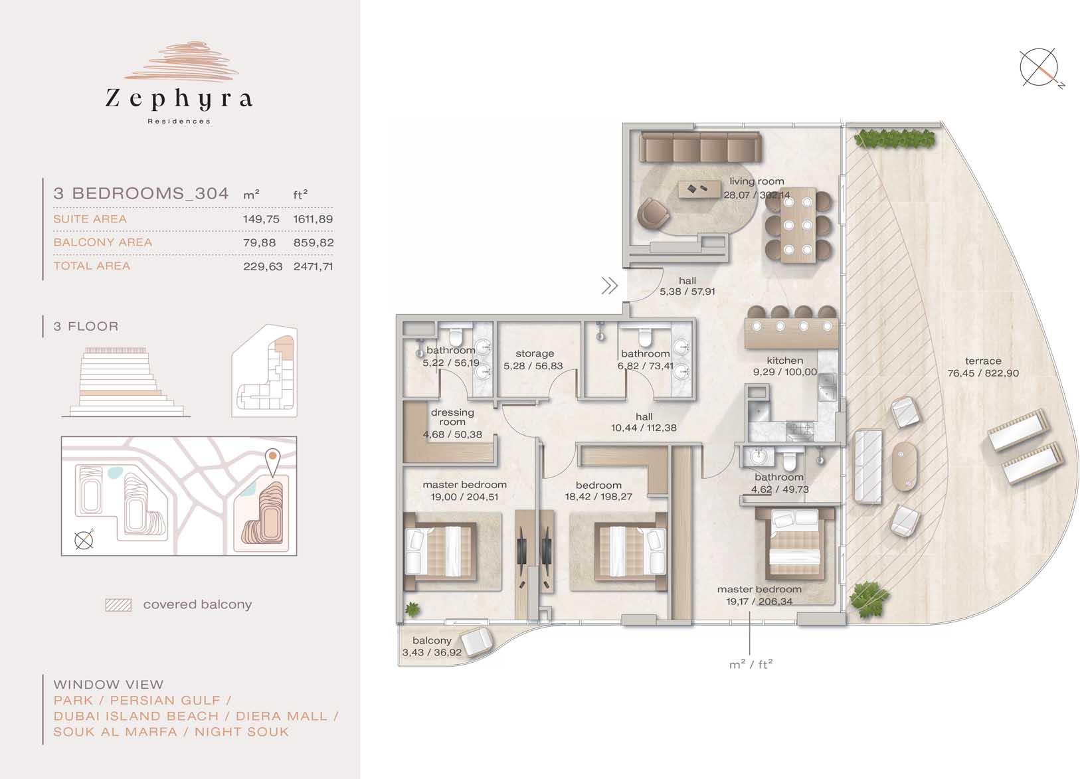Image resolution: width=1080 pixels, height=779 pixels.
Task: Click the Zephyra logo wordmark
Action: (179, 99)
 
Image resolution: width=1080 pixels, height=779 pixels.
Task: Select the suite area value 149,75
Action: (261, 219)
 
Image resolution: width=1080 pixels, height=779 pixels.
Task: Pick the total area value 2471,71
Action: (313, 266)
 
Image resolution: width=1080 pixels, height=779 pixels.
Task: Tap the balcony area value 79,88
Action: (260, 242)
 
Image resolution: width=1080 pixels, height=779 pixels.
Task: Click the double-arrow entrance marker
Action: (610, 286)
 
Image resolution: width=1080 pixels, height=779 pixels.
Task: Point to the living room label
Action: (757, 181)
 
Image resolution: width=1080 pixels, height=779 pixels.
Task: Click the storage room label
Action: (535, 353)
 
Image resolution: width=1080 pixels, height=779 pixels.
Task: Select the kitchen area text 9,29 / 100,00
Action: (785, 372)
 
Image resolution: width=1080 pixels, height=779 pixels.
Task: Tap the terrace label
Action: (983, 361)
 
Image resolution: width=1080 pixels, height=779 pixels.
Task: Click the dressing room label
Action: (452, 417)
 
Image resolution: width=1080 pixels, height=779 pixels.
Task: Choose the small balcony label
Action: (432, 640)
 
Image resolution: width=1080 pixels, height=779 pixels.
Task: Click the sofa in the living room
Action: (700, 147)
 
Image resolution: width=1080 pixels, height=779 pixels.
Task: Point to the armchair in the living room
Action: (653, 213)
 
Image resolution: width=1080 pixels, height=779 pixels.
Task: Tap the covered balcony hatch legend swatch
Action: (119, 605)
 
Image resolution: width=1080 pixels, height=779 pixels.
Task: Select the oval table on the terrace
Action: (905, 467)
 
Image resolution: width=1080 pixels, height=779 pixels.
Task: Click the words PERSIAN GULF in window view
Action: (165, 700)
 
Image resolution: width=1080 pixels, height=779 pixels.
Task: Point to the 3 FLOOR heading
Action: (86, 326)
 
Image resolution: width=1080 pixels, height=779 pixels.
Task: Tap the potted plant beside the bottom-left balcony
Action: (412, 609)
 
